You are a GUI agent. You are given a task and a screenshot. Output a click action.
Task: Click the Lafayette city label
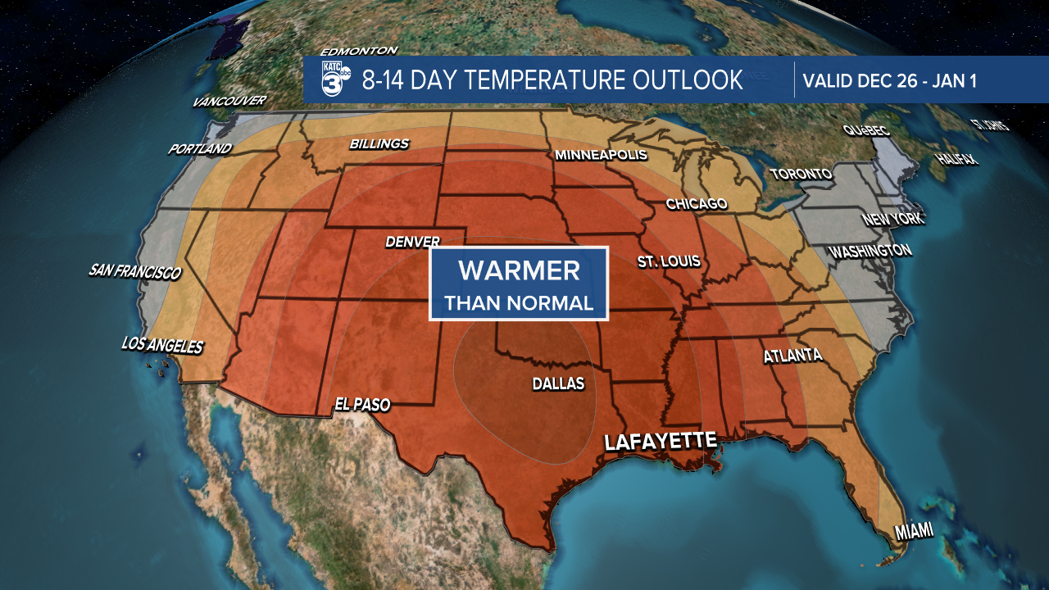tap(661, 441)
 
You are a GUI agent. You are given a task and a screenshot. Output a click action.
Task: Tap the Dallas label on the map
tap(558, 383)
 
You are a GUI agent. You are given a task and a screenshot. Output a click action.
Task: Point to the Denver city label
tap(413, 243)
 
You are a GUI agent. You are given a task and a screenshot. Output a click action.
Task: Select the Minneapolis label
tap(601, 155)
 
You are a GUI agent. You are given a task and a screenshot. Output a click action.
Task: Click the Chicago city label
tap(697, 204)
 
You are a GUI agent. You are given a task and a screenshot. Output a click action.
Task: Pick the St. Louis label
tap(669, 261)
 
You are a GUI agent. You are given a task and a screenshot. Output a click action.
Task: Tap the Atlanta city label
tap(792, 356)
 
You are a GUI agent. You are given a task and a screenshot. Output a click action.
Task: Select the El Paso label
tap(362, 404)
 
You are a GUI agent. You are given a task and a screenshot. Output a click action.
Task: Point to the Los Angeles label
tap(161, 345)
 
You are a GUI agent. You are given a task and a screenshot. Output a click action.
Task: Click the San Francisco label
tap(134, 271)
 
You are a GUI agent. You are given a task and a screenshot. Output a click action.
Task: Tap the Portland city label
tap(200, 149)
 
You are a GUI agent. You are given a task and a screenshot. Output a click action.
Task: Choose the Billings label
tap(379, 144)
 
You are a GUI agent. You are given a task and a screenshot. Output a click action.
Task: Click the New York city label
tap(892, 220)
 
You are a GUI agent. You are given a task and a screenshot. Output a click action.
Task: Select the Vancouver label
tap(229, 102)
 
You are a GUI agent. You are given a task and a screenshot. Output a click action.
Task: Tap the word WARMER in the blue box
tap(519, 270)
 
